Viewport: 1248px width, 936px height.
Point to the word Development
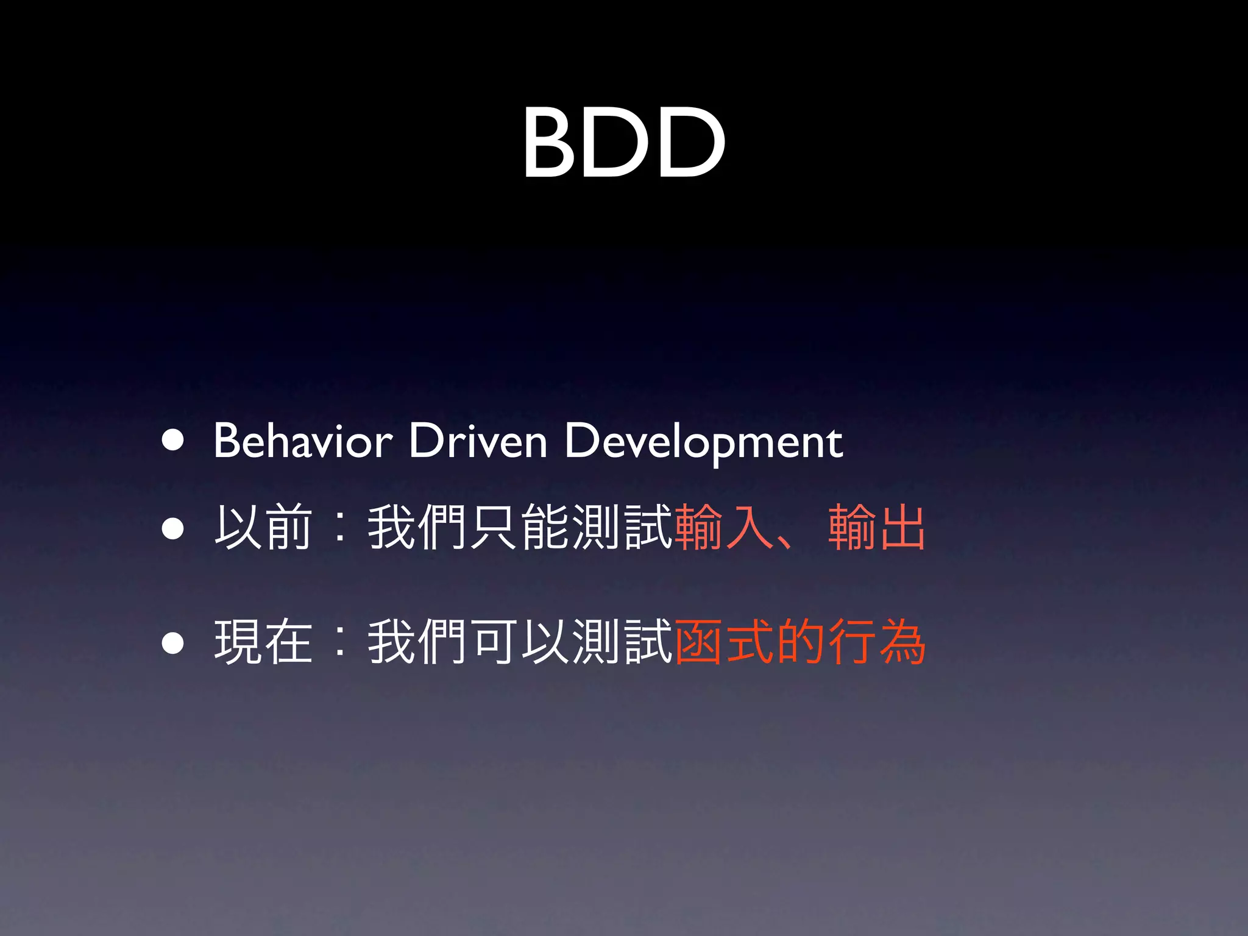point(704,442)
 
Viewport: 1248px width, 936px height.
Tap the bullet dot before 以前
point(173,529)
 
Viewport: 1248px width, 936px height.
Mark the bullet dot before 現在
point(173,642)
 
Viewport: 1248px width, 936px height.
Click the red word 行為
point(877,641)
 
